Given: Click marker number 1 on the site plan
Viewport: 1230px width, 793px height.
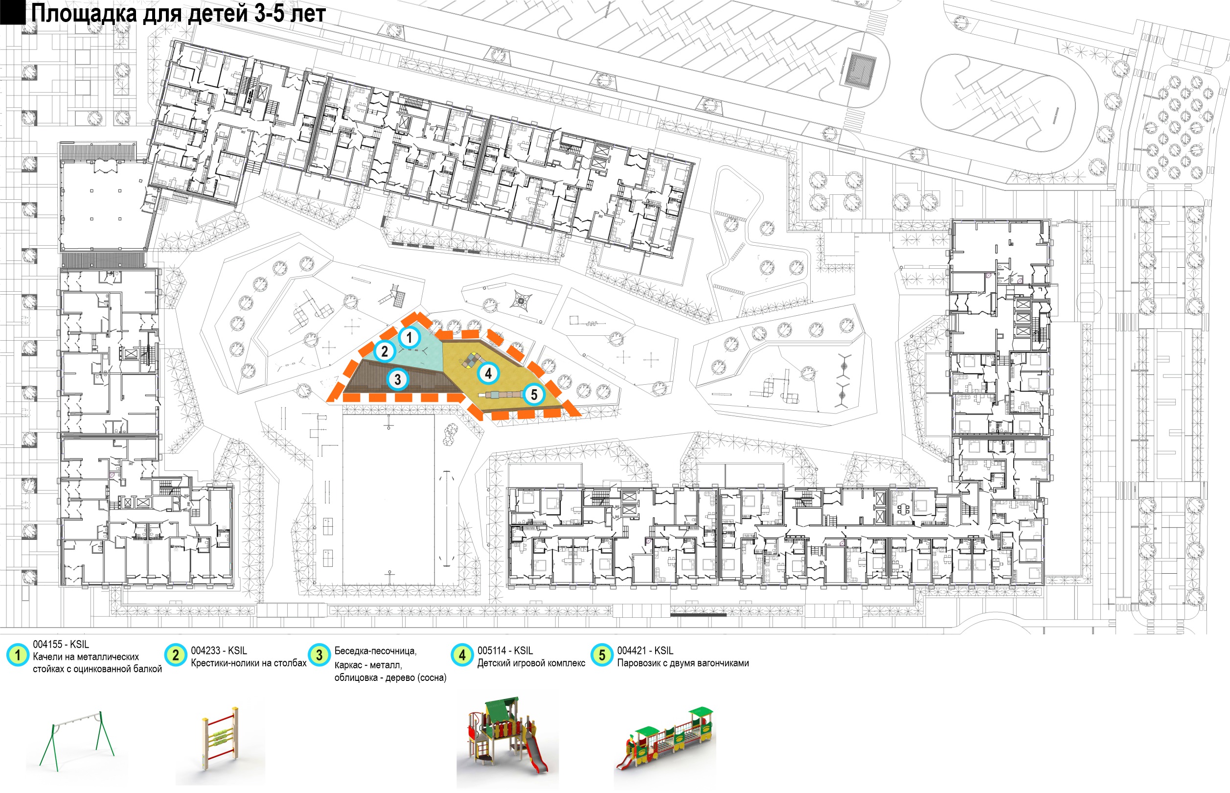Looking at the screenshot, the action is point(409,338).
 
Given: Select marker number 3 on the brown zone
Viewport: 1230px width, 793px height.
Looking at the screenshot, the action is point(397,380).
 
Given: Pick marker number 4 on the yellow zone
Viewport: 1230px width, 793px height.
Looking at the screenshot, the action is point(488,373).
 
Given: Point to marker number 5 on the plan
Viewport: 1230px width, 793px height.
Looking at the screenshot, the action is point(534,395).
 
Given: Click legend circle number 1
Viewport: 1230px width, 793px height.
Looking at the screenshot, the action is point(18,655).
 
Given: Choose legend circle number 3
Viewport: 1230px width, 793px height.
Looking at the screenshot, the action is point(319,655).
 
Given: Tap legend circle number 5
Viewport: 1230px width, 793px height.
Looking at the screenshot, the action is point(602,655).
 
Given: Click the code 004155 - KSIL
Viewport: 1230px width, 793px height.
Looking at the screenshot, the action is point(61,644).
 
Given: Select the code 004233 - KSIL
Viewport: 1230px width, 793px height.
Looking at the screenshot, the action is point(219,651).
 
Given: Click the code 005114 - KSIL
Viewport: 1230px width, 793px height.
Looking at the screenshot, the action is point(505,651).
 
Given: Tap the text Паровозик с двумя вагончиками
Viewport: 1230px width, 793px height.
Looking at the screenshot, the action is point(683,663).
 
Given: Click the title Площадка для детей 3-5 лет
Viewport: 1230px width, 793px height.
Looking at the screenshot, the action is point(178,13).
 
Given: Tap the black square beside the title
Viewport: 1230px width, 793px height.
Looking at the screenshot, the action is point(12,12).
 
